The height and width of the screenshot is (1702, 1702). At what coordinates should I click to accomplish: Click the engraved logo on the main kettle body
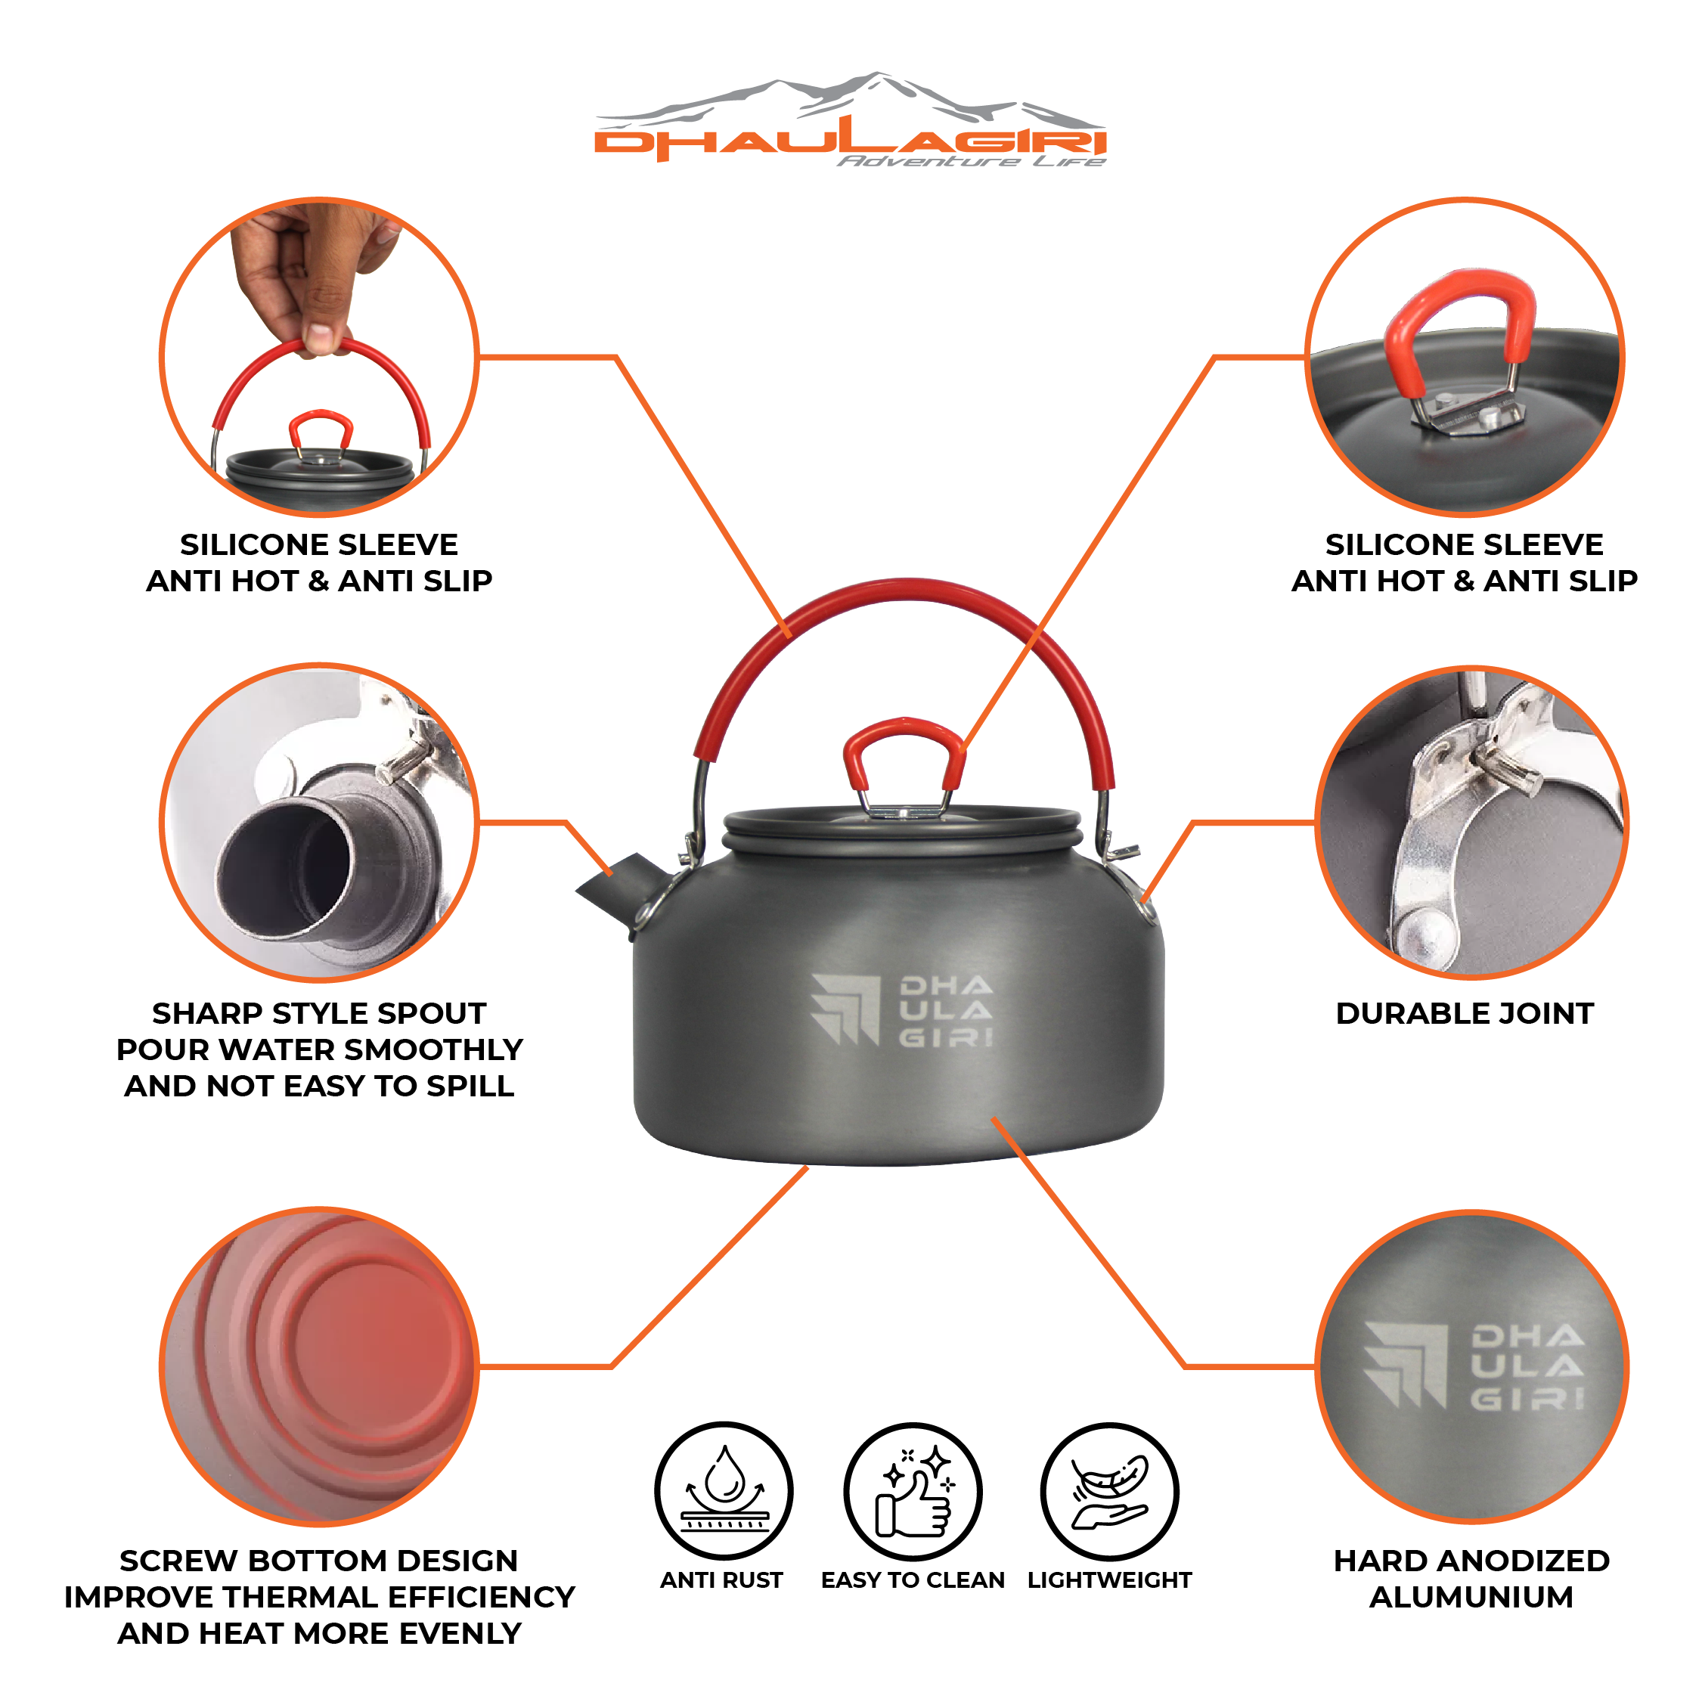click(901, 1010)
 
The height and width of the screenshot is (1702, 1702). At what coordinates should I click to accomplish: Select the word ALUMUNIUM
click(1471, 1596)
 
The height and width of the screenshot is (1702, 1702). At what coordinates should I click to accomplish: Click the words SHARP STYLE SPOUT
click(319, 1013)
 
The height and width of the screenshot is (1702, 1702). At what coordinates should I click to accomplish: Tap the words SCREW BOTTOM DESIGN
click(319, 1560)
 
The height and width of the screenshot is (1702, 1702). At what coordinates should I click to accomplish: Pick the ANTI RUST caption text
click(721, 1580)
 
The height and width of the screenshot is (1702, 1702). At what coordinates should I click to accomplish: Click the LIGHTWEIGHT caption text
click(1109, 1580)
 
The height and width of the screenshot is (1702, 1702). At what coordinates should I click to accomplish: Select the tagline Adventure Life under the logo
click(971, 161)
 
